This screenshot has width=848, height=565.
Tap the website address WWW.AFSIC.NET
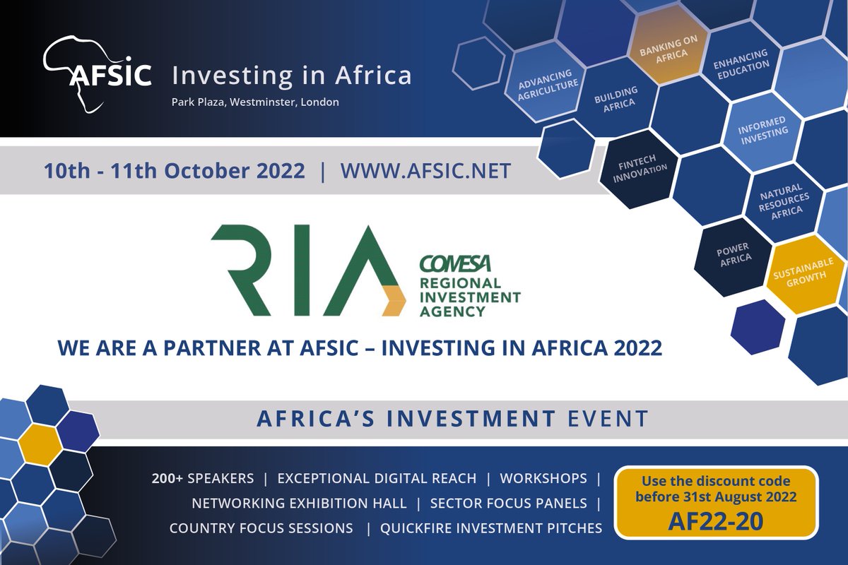[x=425, y=171]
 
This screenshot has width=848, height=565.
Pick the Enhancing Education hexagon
[x=740, y=66]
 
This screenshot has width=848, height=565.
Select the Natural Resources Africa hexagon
[x=782, y=201]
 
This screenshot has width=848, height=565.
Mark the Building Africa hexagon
[x=615, y=98]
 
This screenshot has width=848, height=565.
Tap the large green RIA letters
[x=304, y=272]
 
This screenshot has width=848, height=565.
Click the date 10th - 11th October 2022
[x=175, y=171]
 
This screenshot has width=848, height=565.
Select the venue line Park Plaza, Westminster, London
[x=255, y=102]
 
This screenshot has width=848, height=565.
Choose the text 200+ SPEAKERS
[x=202, y=479]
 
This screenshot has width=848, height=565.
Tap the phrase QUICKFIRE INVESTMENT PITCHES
[x=491, y=528]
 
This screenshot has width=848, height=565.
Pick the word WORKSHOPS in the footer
[x=543, y=479]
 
